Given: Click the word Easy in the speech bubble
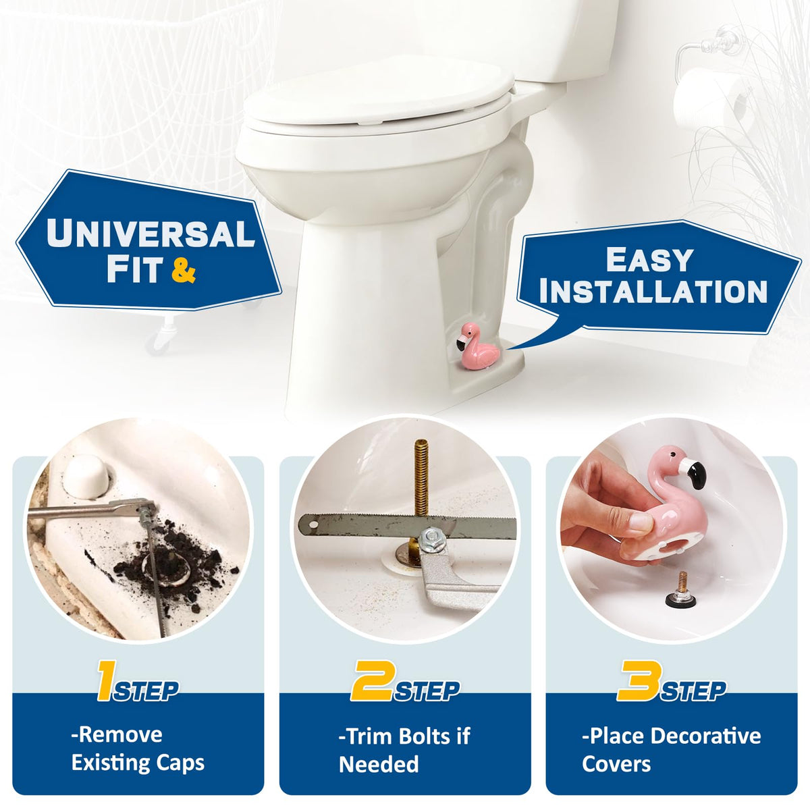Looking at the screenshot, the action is click(650, 260).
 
